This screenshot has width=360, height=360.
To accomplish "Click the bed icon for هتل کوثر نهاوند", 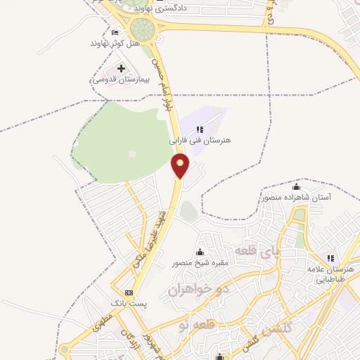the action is point(115,32).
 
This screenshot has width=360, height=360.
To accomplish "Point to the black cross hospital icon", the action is point(121,69).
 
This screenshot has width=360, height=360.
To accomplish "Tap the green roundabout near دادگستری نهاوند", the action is point(143,30).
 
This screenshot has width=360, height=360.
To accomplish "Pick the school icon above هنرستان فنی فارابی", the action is point(200,129).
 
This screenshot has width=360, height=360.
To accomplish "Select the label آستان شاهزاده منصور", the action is point(296,198).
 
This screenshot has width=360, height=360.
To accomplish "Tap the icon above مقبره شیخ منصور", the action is point(200,252).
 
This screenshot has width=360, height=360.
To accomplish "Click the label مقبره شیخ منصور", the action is point(200,263).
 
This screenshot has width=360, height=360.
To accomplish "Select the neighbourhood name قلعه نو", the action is point(193,325).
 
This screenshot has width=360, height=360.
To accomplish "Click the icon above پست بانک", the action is point(127,292).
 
